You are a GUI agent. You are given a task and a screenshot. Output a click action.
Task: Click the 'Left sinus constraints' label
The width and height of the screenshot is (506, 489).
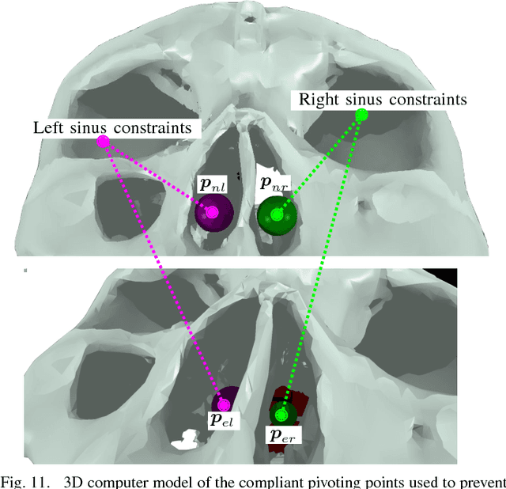tap(117, 127)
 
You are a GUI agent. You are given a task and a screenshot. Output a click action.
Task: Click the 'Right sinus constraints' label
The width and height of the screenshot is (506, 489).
tap(379, 100)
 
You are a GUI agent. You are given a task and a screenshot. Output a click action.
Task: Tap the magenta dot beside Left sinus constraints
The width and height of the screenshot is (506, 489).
tap(103, 142)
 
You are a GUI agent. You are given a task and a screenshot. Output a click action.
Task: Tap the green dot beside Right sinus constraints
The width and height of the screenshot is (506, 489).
tap(361, 116)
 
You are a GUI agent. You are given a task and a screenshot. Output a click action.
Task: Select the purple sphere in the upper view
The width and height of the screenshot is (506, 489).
tap(213, 212)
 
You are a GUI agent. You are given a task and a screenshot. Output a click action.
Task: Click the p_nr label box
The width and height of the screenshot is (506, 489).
tap(275, 185)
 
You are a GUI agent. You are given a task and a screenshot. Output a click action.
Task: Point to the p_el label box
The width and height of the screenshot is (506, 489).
tap(221, 420)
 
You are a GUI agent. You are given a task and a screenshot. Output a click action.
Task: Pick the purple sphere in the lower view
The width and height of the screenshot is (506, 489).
tap(225, 402)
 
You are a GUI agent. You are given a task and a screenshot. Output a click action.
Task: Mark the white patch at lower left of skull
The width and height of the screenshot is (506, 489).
tap(185, 437)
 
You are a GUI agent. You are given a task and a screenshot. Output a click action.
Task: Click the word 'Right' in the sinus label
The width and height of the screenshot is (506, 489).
tap(314, 100)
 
